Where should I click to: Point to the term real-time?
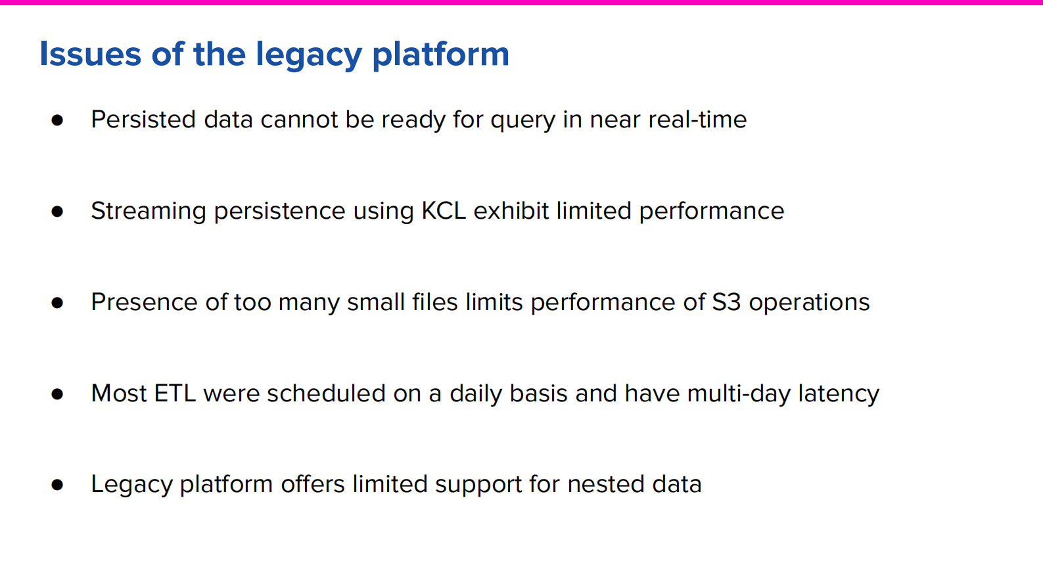pyautogui.click(x=697, y=120)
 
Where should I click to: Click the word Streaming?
pyautogui.click(x=149, y=212)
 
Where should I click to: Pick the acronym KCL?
pyautogui.click(x=444, y=211)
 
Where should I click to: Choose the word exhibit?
pyautogui.click(x=511, y=211)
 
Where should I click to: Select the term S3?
pyautogui.click(x=726, y=302)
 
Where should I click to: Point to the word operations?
pyautogui.click(x=809, y=303)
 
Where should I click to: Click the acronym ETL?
pyautogui.click(x=175, y=394)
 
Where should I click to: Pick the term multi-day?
pyautogui.click(x=739, y=394)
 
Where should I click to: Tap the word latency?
pyautogui.click(x=839, y=394)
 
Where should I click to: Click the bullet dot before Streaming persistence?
pyautogui.click(x=57, y=212)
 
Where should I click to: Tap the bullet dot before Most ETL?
pyautogui.click(x=57, y=394)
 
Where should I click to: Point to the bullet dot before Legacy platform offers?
pyautogui.click(x=57, y=485)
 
